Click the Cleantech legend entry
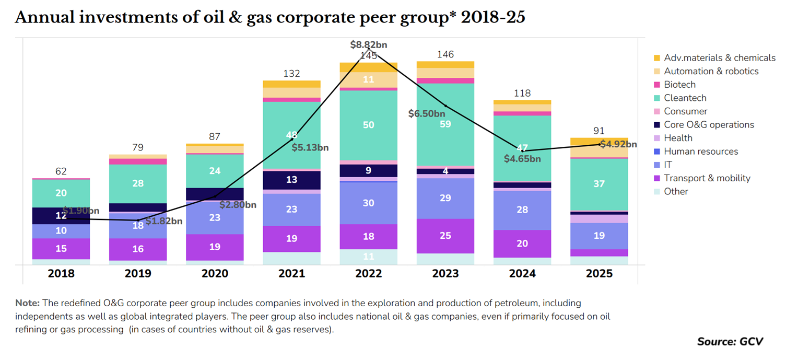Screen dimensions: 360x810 [685, 98]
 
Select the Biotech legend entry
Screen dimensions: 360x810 [679, 84]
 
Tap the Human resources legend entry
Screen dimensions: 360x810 [700, 152]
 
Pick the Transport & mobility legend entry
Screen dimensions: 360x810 [707, 178]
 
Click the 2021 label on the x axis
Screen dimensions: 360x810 [291, 274]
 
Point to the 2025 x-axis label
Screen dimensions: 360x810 [599, 274]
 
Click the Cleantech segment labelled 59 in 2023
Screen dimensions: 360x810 [445, 124]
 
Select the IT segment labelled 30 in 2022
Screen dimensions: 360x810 [369, 204]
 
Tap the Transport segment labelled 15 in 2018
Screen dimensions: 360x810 [61, 249]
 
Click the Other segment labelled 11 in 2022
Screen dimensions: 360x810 [369, 257]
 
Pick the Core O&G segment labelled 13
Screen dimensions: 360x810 [291, 180]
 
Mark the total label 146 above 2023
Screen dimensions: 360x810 [445, 54]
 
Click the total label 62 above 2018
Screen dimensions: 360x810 [61, 171]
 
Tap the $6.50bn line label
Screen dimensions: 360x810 [426, 113]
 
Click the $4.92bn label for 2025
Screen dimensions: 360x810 [618, 144]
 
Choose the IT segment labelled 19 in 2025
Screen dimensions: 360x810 [599, 236]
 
